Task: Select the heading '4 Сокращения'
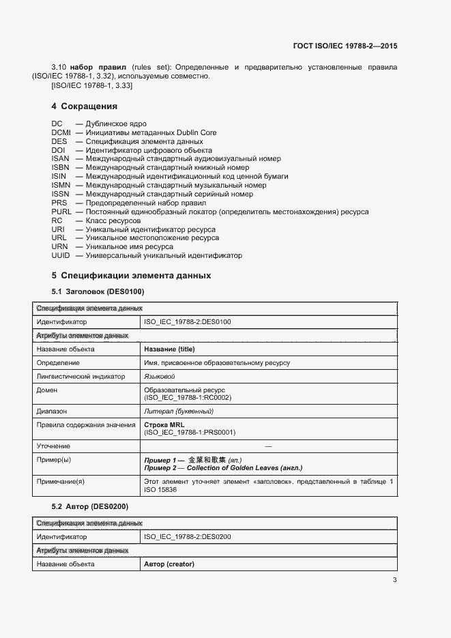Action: (x=85, y=106)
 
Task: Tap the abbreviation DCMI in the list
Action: (x=61, y=133)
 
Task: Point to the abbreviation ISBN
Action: (x=60, y=168)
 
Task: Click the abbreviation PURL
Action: (x=61, y=212)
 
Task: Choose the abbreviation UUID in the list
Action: (x=61, y=256)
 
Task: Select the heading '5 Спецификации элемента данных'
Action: (x=131, y=276)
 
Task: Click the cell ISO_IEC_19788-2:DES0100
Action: (x=188, y=322)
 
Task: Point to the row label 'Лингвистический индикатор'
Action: (x=81, y=377)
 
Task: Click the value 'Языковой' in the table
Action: (x=160, y=377)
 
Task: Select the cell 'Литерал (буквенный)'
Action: (x=179, y=411)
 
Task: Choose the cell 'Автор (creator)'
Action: (x=169, y=564)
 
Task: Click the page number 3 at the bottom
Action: (x=394, y=580)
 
